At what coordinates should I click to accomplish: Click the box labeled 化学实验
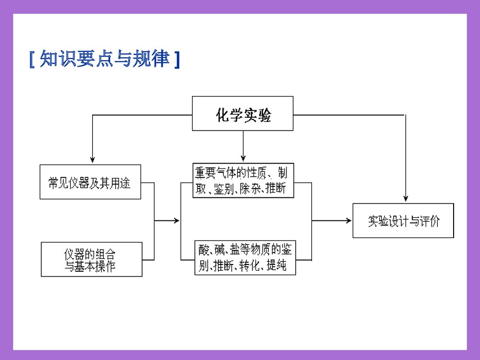(x=242, y=113)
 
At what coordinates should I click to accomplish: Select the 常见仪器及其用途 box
(x=90, y=182)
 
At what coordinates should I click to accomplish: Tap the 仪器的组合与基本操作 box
(x=92, y=259)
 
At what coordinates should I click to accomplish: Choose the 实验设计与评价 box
(x=403, y=221)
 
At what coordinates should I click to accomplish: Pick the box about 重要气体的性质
(x=243, y=180)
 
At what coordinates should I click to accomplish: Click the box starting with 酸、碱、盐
(x=245, y=257)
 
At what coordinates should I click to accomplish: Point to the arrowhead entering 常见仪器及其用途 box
(x=92, y=160)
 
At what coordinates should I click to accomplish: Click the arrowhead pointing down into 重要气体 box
(x=243, y=157)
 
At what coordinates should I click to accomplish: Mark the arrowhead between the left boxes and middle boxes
(x=176, y=220)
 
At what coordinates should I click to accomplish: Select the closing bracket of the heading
(x=177, y=60)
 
